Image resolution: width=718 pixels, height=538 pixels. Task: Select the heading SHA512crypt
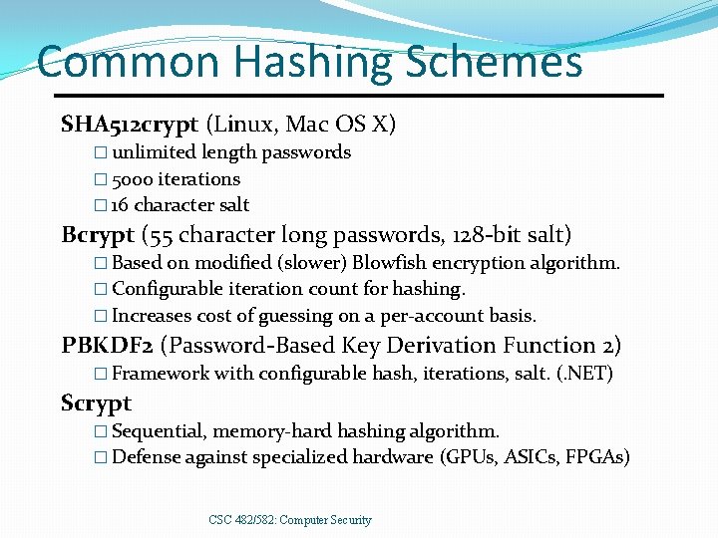(130, 125)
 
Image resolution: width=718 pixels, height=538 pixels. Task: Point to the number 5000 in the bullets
(134, 179)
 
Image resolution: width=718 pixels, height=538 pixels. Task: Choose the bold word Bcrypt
(99, 236)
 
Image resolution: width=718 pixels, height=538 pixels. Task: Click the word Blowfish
(390, 263)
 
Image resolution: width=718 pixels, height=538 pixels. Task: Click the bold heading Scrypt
(96, 403)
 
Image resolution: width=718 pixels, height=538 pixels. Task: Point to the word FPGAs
(599, 457)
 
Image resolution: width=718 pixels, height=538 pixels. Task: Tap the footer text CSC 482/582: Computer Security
(290, 520)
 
